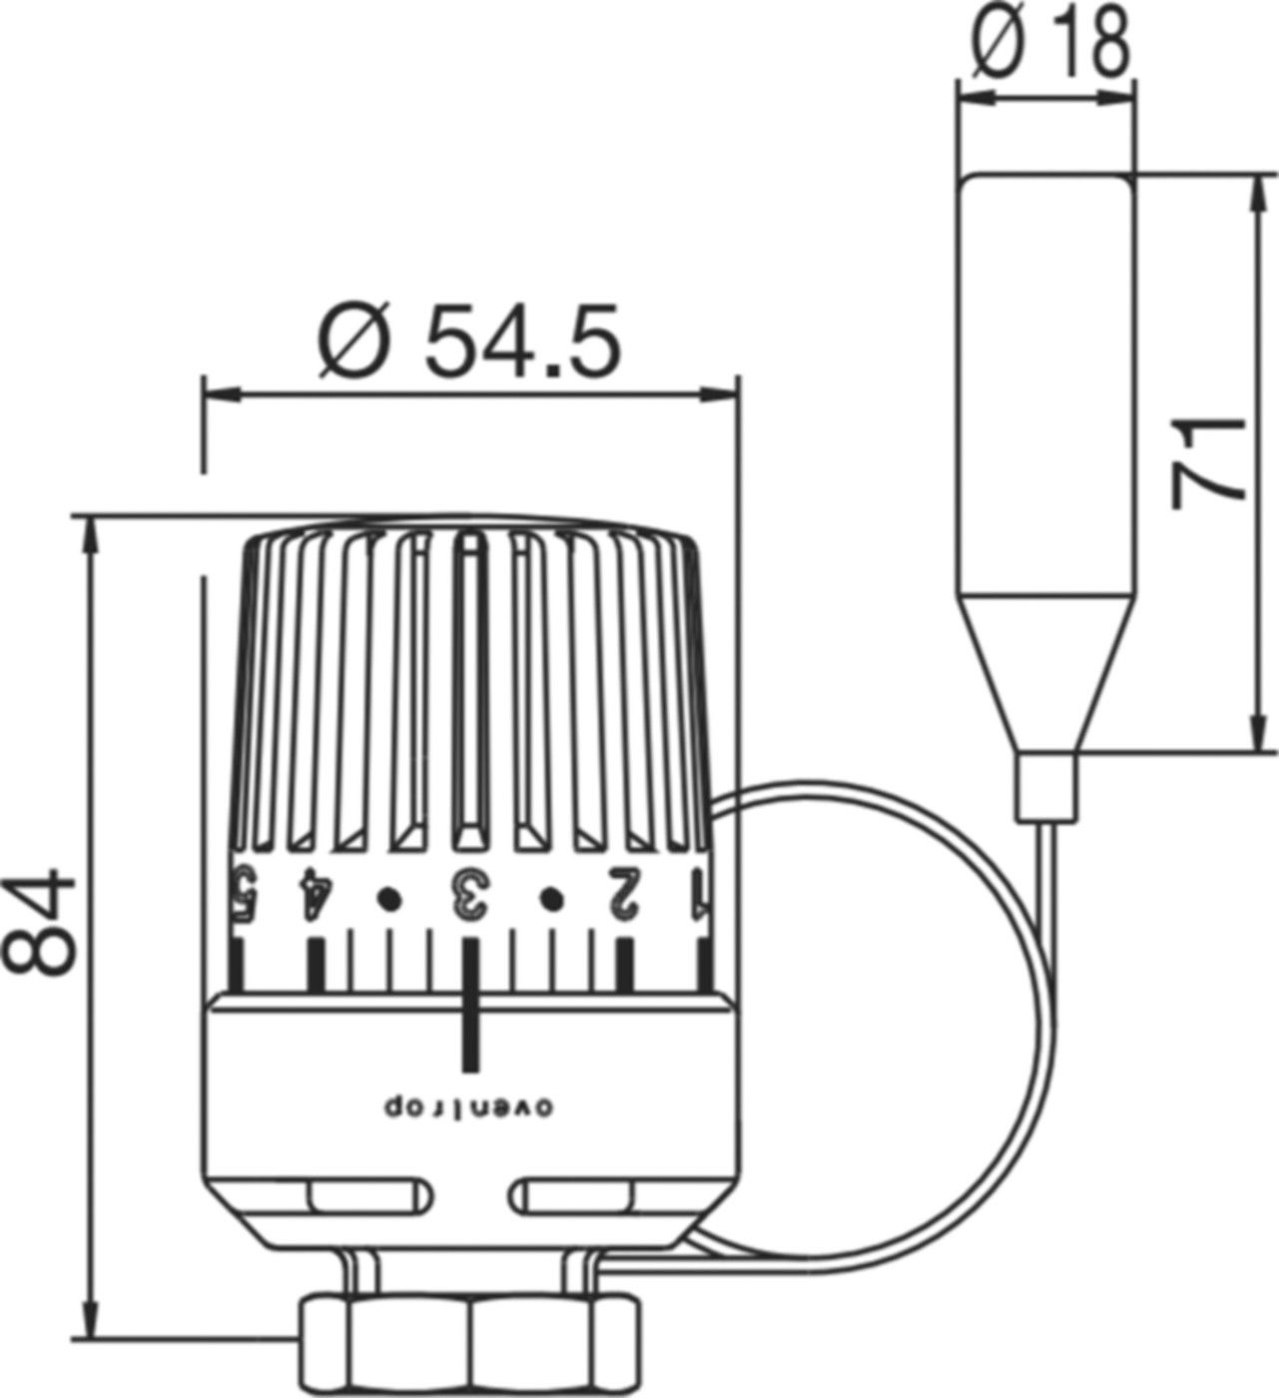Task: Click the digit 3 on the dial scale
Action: [467, 893]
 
